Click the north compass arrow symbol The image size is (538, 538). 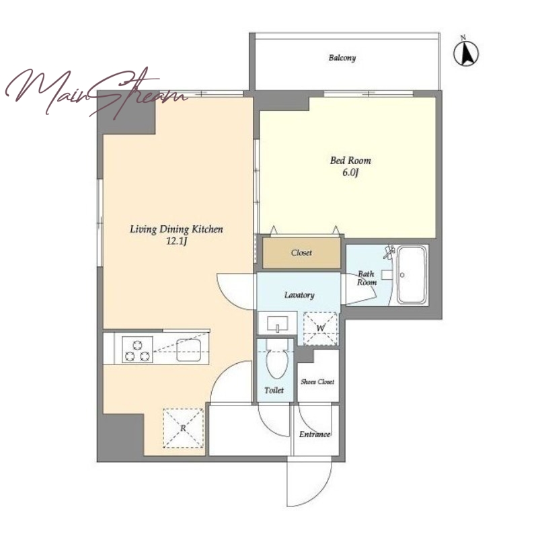pyautogui.click(x=466, y=52)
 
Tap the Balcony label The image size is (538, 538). pyautogui.click(x=342, y=58)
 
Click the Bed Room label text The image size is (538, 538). pyautogui.click(x=350, y=161)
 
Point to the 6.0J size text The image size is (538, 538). pyautogui.click(x=350, y=173)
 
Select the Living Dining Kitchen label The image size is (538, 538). pyautogui.click(x=176, y=229)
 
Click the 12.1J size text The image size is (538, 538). pyautogui.click(x=176, y=241)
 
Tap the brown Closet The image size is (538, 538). pyautogui.click(x=301, y=253)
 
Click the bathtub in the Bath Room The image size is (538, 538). pyautogui.click(x=412, y=275)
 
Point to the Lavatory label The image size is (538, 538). pyautogui.click(x=299, y=295)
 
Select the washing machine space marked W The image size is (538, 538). pyautogui.click(x=321, y=328)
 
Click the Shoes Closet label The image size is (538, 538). pyautogui.click(x=317, y=381)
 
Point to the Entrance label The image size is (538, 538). pyautogui.click(x=315, y=434)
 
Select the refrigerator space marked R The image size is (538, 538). pyautogui.click(x=183, y=428)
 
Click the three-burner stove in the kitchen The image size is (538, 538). pyautogui.click(x=137, y=350)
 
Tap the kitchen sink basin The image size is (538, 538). pyautogui.click(x=189, y=350)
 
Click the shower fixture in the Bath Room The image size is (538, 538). pyautogui.click(x=389, y=252)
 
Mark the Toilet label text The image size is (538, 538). pyautogui.click(x=274, y=391)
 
